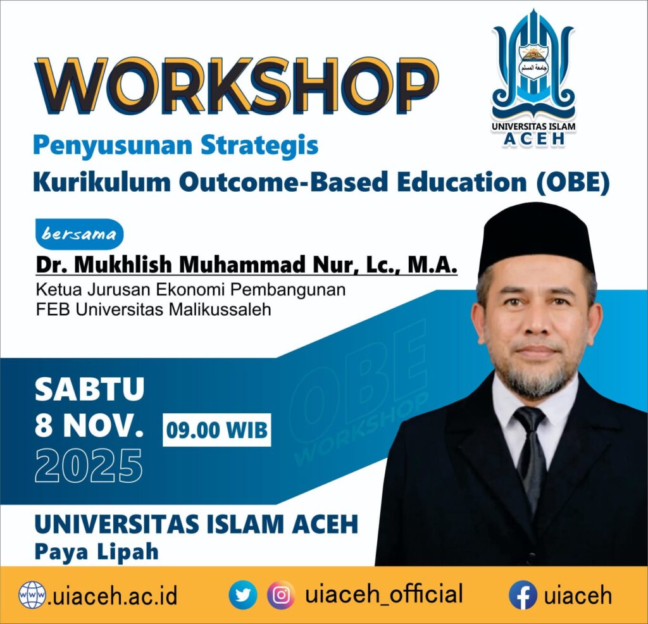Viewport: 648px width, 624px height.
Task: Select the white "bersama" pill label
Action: pos(79,234)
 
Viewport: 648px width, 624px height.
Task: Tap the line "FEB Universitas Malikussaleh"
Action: pos(152,310)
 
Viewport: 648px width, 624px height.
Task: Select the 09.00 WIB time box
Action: pos(216,430)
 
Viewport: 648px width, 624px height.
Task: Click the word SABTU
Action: pos(89,389)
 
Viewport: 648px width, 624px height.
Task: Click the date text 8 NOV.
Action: pos(89,428)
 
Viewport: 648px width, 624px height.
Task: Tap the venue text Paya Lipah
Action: pos(96,551)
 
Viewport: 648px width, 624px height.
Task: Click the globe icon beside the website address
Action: pos(32,596)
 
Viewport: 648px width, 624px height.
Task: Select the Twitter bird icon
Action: pos(243,596)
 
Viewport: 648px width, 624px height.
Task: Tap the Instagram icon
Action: pos(281,596)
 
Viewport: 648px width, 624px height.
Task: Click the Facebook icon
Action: pos(523,596)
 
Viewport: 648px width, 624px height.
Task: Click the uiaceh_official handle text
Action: pos(383,595)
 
